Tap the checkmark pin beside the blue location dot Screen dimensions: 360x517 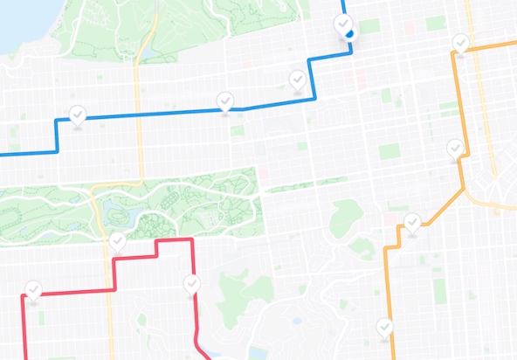pyautogui.click(x=342, y=24)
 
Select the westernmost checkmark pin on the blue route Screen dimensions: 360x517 pyautogui.click(x=78, y=114)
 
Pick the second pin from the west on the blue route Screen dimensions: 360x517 pyautogui.click(x=225, y=100)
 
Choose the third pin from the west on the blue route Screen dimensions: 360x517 pyautogui.click(x=298, y=80)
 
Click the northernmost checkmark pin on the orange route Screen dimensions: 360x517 pyautogui.click(x=460, y=42)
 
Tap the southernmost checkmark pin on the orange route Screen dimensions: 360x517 pyautogui.click(x=385, y=327)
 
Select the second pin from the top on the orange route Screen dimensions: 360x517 pyautogui.click(x=455, y=148)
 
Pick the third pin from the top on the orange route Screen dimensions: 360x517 pyautogui.click(x=412, y=222)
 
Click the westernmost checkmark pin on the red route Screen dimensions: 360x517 pyautogui.click(x=33, y=289)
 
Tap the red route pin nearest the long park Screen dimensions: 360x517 pyautogui.click(x=117, y=241)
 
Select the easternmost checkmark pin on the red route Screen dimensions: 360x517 pyautogui.click(x=192, y=283)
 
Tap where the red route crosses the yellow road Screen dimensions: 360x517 pyautogui.click(x=111, y=288)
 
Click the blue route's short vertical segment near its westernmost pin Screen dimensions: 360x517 pyautogui.click(x=57, y=136)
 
